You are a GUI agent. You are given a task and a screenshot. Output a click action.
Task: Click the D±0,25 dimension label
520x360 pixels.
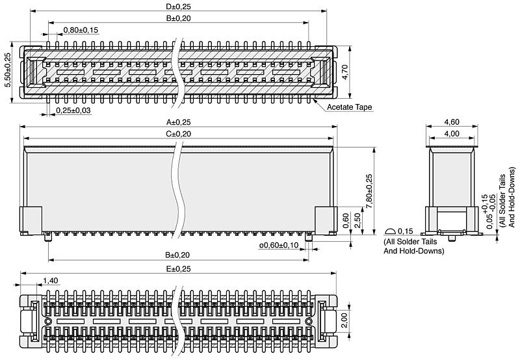[178, 6]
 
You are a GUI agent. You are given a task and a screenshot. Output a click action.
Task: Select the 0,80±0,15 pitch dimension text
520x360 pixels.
[81, 30]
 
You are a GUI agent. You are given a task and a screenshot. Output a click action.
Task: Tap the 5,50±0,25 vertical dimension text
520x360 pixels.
[8, 70]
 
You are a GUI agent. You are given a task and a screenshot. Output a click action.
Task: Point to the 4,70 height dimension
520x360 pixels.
[345, 72]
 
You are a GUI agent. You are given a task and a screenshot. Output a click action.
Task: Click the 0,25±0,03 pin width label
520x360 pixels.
[73, 110]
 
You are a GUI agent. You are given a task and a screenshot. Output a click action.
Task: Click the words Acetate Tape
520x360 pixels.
[349, 107]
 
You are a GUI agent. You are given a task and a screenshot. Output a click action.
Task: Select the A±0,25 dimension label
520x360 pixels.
[178, 122]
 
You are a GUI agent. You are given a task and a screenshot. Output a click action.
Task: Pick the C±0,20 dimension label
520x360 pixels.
[178, 134]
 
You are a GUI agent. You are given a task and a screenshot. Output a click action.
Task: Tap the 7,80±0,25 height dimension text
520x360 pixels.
[369, 191]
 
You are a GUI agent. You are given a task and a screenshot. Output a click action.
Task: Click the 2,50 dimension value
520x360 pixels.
[357, 220]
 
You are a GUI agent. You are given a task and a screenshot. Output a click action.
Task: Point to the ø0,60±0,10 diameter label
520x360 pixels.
[279, 245]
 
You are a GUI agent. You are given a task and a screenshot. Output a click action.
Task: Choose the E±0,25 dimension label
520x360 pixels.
[178, 269]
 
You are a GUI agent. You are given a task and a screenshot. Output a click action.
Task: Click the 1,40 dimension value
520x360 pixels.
[51, 281]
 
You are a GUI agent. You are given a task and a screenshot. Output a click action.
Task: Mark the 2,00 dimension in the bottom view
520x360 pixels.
[344, 320]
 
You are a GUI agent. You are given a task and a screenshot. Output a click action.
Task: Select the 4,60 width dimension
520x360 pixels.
[452, 122]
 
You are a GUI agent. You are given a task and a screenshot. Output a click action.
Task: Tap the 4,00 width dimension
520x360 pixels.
[452, 134]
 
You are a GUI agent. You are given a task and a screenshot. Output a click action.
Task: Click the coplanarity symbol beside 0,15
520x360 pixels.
[390, 231]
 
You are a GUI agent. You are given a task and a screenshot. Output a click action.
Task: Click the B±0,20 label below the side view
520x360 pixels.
[177, 255]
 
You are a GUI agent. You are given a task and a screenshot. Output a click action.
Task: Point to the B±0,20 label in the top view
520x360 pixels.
[178, 18]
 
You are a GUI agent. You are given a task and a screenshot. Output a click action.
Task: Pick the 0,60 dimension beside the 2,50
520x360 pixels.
[346, 220]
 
